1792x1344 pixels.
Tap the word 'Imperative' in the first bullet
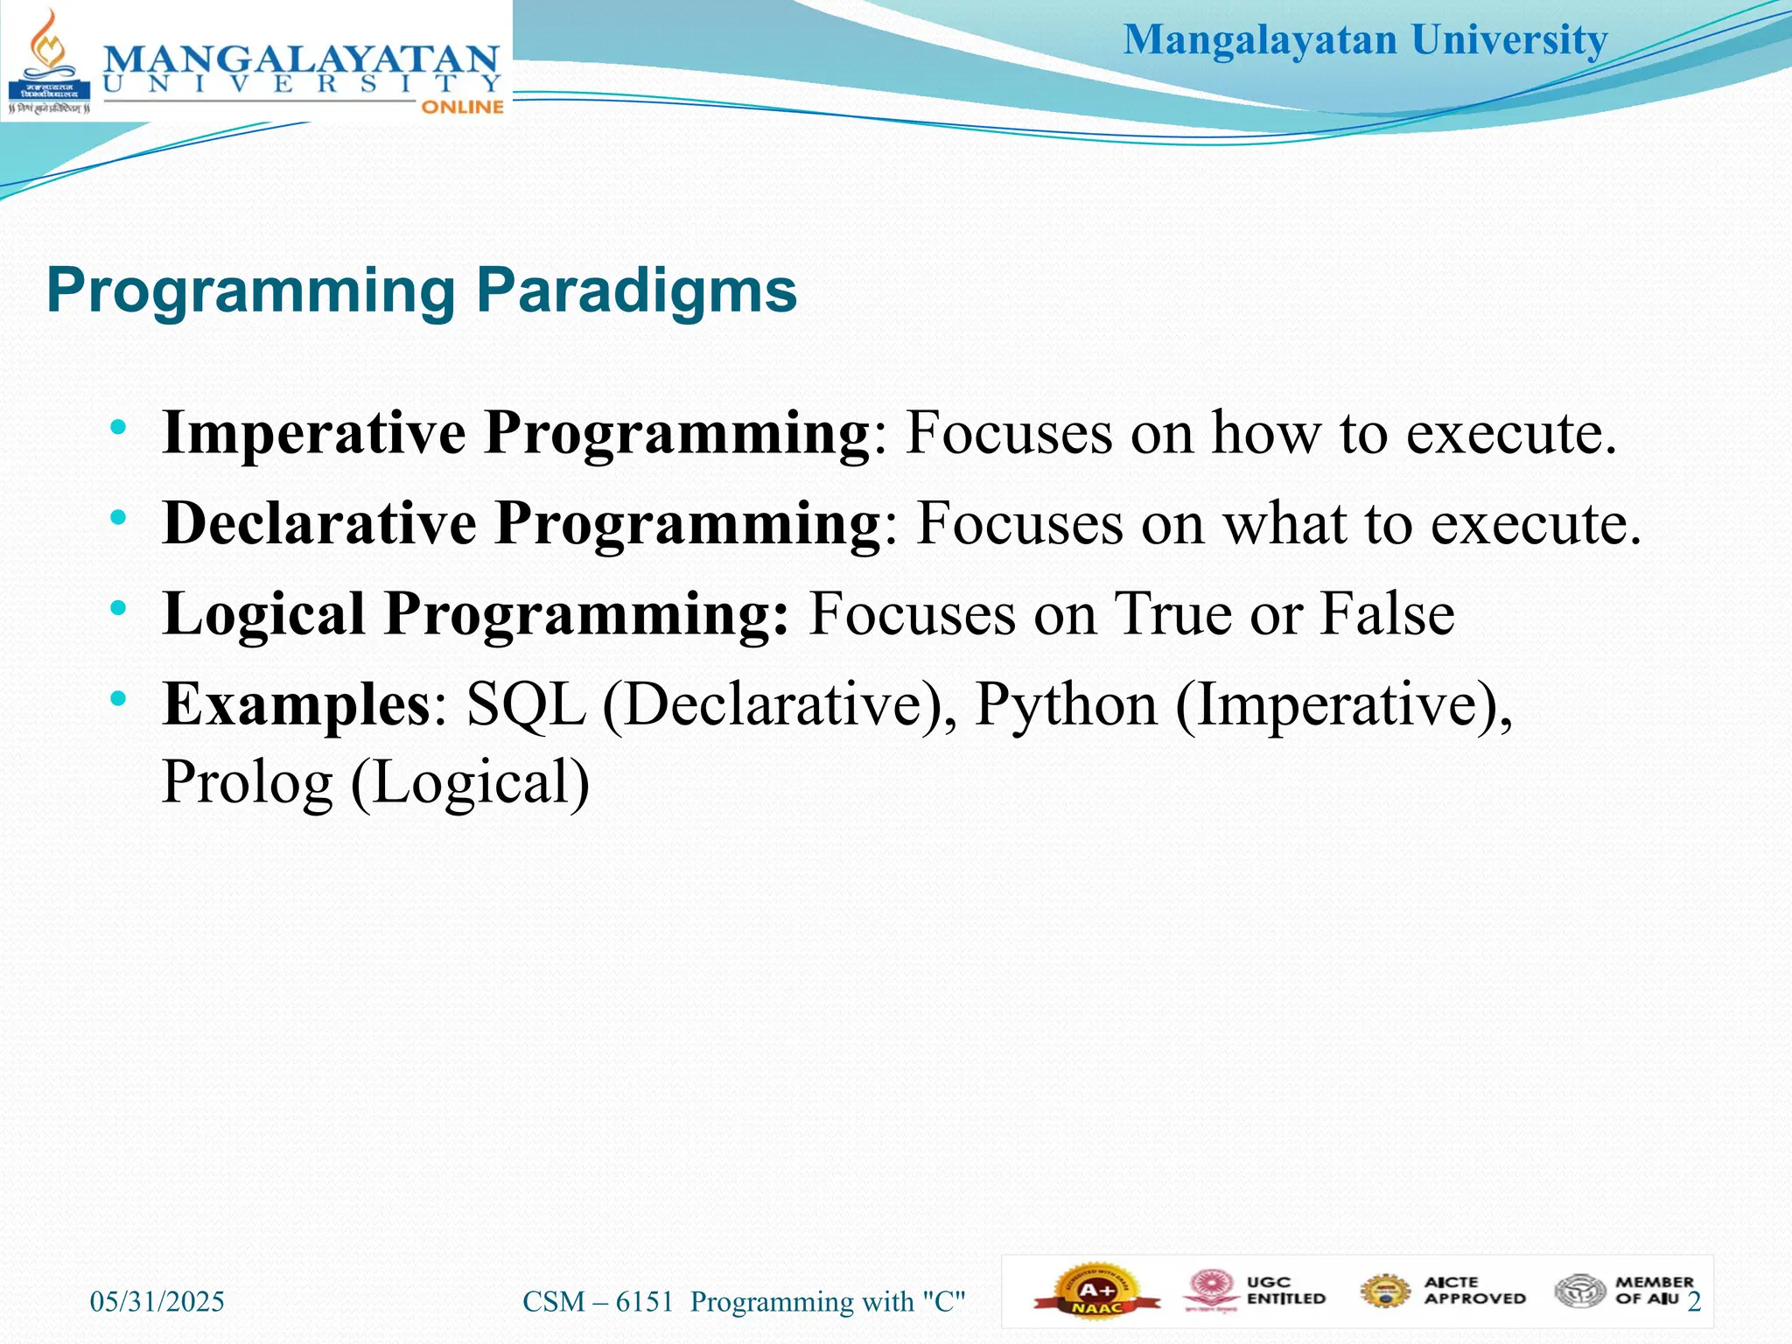pos(313,432)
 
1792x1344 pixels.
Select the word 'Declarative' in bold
pos(319,523)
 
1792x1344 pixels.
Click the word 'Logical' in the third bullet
pos(263,613)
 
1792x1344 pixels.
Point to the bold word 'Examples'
pos(295,704)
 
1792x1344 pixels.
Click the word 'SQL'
pos(525,704)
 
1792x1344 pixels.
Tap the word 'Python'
pos(1065,705)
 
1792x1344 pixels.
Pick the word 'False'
pos(1386,613)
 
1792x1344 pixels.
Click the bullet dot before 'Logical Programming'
pos(118,607)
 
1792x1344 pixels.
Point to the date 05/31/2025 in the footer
pos(157,1302)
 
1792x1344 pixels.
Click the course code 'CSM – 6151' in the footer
pos(598,1302)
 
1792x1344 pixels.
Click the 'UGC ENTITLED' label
pos(1285,1291)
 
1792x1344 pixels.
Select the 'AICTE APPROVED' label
pos(1473,1291)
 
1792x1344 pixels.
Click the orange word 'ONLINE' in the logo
pos(463,107)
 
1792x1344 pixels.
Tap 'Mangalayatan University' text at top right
pos(1365,40)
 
